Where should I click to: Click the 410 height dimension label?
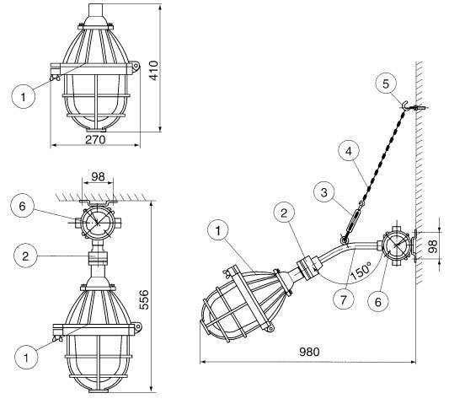tap(154, 71)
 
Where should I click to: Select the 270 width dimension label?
tap(95, 140)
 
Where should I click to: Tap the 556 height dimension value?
tap(144, 299)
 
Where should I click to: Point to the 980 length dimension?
tap(309, 352)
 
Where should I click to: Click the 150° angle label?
tap(361, 270)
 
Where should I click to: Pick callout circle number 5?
tap(386, 84)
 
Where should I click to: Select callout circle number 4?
tap(349, 151)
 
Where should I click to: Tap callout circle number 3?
tap(323, 192)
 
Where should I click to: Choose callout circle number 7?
tap(344, 299)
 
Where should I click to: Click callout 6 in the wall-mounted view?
tap(378, 302)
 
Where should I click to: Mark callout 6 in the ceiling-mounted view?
tap(23, 206)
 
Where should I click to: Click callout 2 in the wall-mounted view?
tap(284, 213)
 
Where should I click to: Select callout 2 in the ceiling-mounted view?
tap(26, 256)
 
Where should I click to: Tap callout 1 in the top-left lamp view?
tap(24, 97)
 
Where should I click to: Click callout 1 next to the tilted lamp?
tap(218, 230)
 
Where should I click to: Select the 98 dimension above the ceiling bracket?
tap(98, 176)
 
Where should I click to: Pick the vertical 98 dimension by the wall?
tap(433, 246)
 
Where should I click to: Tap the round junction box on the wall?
tap(396, 245)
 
